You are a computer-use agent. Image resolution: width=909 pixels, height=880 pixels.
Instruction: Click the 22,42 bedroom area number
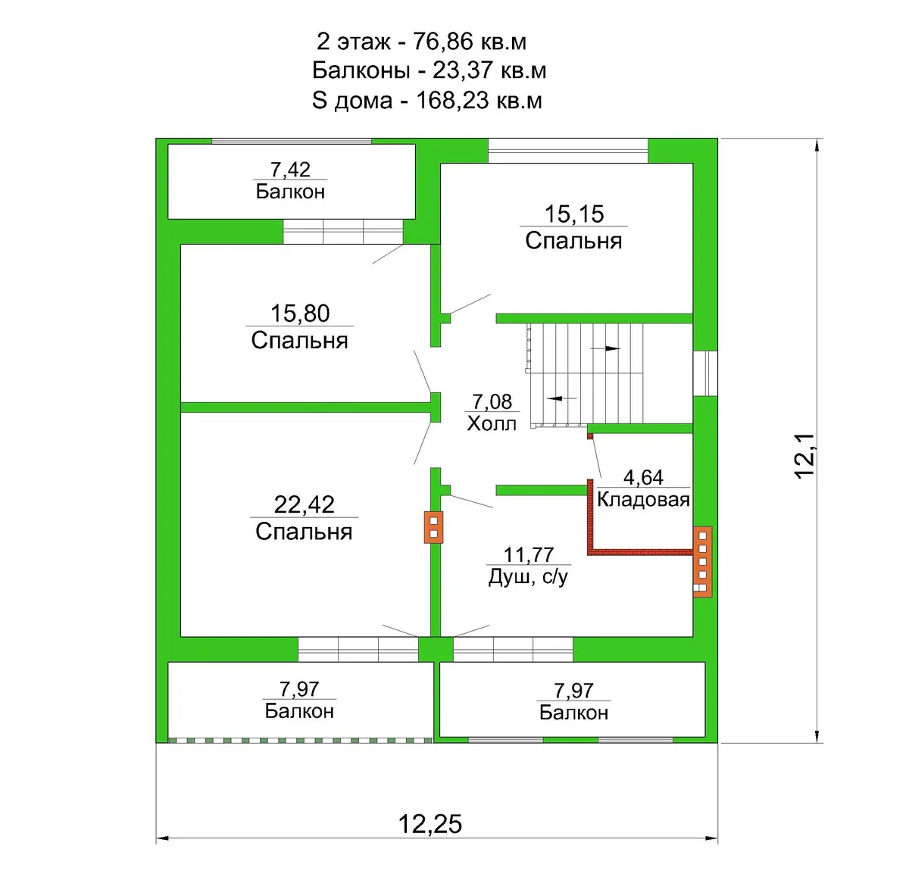coord(304,504)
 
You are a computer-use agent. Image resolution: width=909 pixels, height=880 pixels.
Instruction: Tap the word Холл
coord(492,423)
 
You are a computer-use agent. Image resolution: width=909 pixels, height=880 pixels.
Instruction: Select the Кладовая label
coord(643,500)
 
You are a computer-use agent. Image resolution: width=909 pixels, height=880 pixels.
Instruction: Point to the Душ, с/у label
coord(528,577)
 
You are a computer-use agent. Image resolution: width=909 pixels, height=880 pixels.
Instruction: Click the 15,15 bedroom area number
coord(574,214)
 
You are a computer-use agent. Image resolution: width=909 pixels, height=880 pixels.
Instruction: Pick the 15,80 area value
coord(300,313)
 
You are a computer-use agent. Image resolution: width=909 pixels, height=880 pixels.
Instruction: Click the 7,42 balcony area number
coord(290,170)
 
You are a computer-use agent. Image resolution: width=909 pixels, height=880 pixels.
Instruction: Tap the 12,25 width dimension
coord(430,823)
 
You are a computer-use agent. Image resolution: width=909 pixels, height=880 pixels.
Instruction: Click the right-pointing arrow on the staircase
coord(605,348)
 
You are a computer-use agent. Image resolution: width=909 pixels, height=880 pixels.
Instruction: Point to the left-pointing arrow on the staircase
coord(562,398)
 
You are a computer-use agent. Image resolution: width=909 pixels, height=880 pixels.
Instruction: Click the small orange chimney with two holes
coord(433,527)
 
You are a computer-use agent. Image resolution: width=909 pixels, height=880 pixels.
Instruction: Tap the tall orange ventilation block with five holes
coord(702,561)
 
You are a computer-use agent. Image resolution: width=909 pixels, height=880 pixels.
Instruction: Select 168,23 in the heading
coord(452,101)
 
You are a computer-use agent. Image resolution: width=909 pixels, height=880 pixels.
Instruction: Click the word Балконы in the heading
coord(361,70)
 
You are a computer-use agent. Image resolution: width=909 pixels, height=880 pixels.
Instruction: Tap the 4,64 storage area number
coord(643,477)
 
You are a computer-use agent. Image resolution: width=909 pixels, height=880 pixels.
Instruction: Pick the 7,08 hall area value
coord(492,401)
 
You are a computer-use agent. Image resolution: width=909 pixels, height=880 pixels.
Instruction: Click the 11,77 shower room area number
coord(528,555)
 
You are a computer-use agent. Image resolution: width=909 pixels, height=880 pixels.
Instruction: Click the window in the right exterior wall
coord(705,373)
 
